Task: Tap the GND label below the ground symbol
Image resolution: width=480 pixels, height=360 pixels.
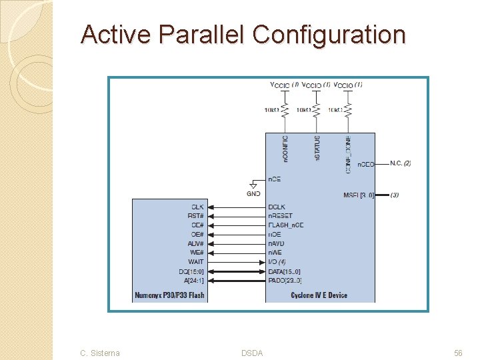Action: [x=254, y=193]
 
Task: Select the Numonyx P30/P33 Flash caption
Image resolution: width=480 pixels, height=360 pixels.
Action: [x=169, y=295]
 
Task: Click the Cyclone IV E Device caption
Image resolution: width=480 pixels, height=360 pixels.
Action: [x=319, y=295]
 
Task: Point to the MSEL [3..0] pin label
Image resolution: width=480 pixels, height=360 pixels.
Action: [x=359, y=195]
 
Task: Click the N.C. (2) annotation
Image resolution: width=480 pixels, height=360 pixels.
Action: [x=400, y=163]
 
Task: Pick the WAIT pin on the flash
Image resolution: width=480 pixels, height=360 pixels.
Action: [x=196, y=262]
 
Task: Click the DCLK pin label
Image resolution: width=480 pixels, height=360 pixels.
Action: [x=277, y=207]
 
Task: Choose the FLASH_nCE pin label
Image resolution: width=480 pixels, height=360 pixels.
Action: [x=285, y=225]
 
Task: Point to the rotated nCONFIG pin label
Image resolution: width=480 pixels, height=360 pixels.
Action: [x=285, y=149]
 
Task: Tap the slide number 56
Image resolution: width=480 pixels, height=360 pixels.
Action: [x=458, y=353]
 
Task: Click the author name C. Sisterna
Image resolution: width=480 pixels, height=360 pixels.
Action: [x=100, y=353]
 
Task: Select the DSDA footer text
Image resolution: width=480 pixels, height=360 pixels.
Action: [x=252, y=353]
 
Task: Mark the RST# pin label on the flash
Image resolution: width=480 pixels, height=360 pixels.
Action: [x=196, y=216]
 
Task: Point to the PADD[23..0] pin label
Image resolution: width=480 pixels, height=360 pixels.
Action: [x=285, y=280]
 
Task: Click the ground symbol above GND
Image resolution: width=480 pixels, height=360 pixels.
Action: [x=254, y=183]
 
